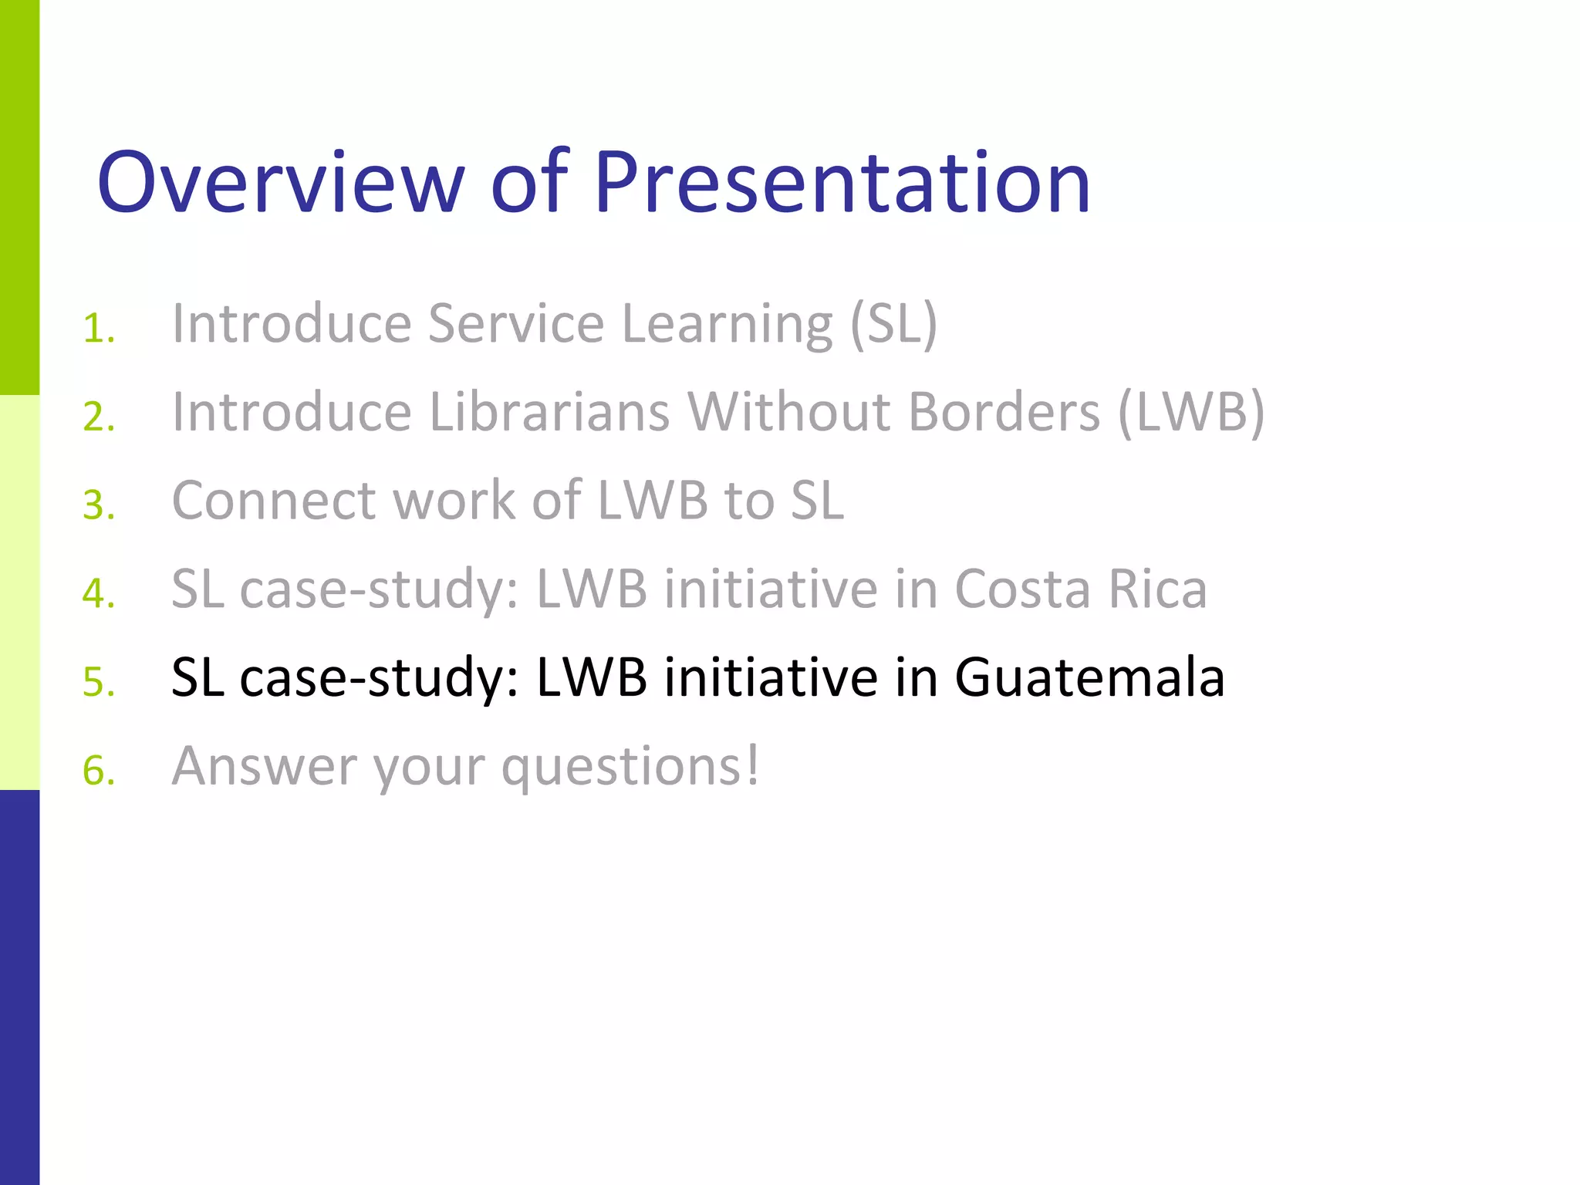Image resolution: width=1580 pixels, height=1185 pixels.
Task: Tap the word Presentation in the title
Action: (842, 183)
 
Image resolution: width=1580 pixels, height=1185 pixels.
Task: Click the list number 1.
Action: (98, 329)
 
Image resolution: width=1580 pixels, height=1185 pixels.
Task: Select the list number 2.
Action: (99, 417)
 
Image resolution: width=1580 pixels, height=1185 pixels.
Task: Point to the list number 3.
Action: (99, 506)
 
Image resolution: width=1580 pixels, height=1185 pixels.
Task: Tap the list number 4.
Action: (99, 594)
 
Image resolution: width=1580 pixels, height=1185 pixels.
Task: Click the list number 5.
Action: (99, 683)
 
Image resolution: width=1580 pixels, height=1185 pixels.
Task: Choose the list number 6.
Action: (99, 771)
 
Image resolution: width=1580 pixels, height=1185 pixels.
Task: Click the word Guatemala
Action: (1089, 677)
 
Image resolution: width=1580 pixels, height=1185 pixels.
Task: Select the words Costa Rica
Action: (1080, 589)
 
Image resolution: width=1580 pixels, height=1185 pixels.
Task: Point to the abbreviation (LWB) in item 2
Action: (1191, 413)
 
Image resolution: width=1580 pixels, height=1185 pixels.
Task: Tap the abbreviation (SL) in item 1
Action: (893, 324)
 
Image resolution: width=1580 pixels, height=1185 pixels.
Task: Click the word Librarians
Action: (549, 412)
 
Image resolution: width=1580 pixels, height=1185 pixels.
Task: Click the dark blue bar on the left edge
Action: (19, 987)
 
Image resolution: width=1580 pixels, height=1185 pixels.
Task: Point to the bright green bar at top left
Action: (19, 197)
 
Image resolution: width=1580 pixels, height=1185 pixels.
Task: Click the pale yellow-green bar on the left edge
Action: (19, 592)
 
